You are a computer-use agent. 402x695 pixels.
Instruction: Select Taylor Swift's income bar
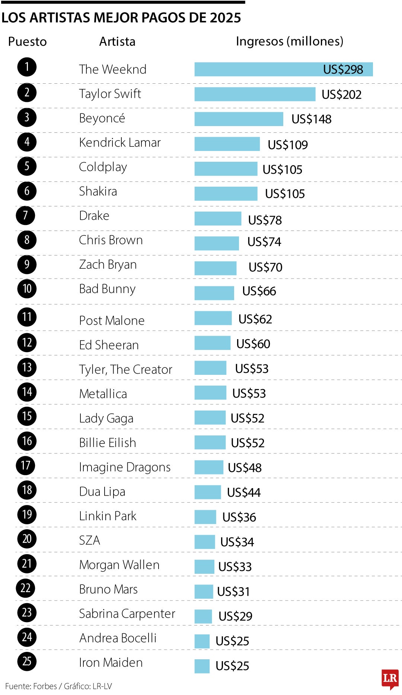[255, 94]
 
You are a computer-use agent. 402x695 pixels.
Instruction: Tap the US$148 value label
[311, 119]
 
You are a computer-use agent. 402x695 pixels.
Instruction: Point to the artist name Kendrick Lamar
[120, 142]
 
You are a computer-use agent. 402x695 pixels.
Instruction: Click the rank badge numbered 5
[27, 166]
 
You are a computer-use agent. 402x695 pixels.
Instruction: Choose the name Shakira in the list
[98, 192]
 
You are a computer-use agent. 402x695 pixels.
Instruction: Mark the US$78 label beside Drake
[265, 220]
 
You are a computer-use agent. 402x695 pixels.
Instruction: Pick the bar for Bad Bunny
[214, 293]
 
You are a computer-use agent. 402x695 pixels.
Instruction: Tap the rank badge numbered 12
[27, 342]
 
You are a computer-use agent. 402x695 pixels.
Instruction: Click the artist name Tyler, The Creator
[125, 370]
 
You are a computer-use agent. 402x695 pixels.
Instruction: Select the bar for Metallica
[210, 393]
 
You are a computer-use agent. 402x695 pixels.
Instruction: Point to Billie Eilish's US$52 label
[248, 443]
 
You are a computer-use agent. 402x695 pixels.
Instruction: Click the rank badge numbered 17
[25, 466]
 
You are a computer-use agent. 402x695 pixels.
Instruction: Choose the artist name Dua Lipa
[102, 492]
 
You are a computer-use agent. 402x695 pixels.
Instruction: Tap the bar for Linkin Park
[205, 517]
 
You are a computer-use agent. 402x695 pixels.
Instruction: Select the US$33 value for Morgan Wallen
[235, 567]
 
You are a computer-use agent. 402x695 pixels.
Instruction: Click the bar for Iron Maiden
[202, 666]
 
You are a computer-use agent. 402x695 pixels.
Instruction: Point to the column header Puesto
[27, 42]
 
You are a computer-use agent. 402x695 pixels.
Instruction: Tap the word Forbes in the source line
[45, 686]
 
